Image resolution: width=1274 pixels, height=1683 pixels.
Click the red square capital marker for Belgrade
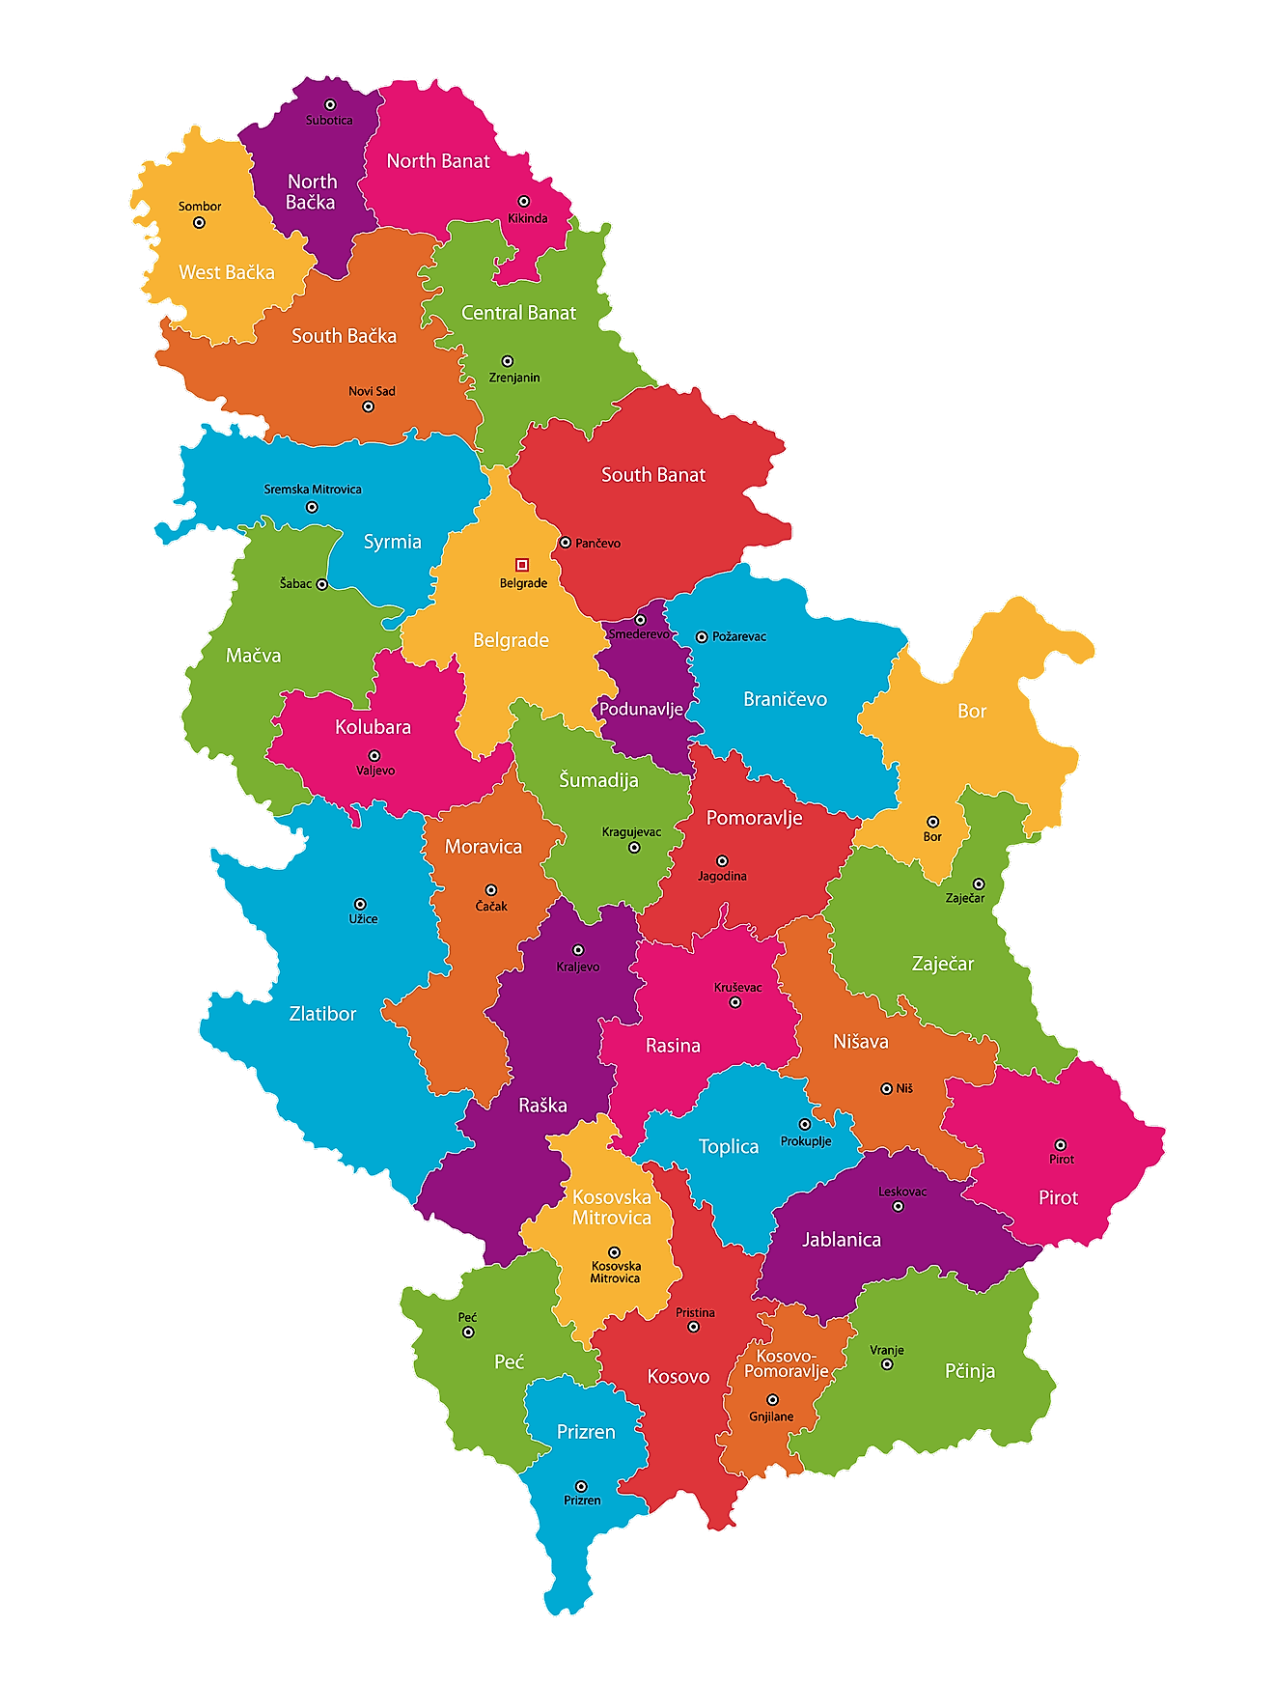tap(522, 565)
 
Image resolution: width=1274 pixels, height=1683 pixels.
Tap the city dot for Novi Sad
tap(368, 407)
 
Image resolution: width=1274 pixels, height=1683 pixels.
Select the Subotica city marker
tap(330, 104)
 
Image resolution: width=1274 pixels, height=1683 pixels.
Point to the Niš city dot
tap(887, 1088)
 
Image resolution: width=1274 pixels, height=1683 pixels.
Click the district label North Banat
tap(438, 161)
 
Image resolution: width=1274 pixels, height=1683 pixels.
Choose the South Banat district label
tap(653, 475)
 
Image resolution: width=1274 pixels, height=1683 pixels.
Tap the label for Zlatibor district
tap(322, 1014)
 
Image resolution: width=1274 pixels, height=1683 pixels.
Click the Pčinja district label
tap(969, 1371)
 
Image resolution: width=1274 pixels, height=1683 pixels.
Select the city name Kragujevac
tap(631, 831)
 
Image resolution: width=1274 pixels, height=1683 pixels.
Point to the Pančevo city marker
tap(566, 543)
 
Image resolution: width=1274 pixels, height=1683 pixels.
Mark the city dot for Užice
tap(360, 905)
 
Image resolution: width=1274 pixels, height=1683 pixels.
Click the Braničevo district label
tap(785, 699)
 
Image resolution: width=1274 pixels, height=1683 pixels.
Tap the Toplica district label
tap(729, 1146)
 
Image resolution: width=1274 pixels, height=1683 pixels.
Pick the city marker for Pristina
tap(693, 1327)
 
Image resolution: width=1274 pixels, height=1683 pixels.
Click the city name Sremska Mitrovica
tap(313, 490)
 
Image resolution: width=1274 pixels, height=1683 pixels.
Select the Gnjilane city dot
tap(772, 1400)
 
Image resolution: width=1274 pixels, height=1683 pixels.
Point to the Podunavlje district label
tap(641, 709)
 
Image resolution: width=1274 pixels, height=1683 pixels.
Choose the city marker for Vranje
tap(887, 1364)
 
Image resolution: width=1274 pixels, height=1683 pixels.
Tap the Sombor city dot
tap(200, 222)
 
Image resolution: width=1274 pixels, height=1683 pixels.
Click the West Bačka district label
tap(227, 272)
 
